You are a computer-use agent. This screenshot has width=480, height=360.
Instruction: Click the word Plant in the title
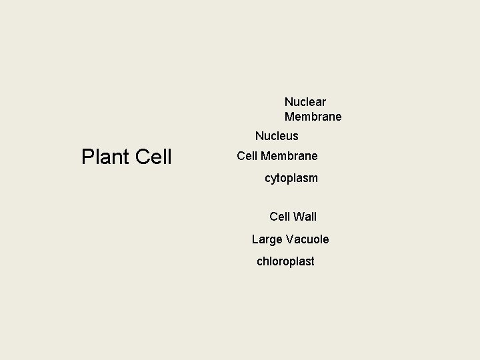click(x=105, y=157)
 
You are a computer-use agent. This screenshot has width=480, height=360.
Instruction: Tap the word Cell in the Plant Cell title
click(x=153, y=157)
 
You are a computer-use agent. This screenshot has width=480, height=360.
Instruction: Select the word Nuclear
click(x=305, y=102)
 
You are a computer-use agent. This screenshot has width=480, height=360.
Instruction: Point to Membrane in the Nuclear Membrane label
click(x=313, y=117)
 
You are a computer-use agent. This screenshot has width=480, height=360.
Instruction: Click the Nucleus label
click(x=277, y=136)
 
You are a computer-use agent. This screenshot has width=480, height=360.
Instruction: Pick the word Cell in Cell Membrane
click(x=247, y=156)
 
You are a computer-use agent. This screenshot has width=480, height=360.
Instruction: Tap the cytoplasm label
click(x=291, y=179)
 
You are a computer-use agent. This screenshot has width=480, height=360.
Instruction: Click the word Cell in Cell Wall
click(x=280, y=217)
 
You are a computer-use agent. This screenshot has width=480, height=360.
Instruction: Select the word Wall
click(x=305, y=217)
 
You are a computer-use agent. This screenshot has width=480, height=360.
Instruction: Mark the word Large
click(x=267, y=239)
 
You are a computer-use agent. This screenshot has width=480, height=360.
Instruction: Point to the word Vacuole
click(x=307, y=239)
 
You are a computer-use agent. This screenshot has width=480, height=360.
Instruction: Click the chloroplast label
click(x=285, y=261)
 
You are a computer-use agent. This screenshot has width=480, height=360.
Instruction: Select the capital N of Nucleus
click(x=259, y=136)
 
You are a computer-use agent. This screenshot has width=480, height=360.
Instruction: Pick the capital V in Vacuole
click(x=289, y=239)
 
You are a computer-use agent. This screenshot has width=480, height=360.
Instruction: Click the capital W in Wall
click(x=298, y=217)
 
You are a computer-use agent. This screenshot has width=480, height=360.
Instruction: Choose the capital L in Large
click(x=255, y=239)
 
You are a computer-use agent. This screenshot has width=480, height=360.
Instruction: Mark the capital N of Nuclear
click(x=289, y=102)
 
